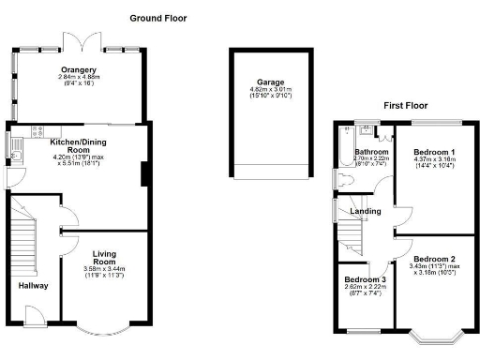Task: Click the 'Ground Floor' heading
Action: click(x=157, y=18)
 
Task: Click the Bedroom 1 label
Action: click(x=434, y=152)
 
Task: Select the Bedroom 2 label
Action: click(x=434, y=259)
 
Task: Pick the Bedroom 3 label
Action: click(x=364, y=280)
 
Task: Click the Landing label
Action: click(x=366, y=211)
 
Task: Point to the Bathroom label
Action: click(x=370, y=151)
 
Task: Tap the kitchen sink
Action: click(x=12, y=145)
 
